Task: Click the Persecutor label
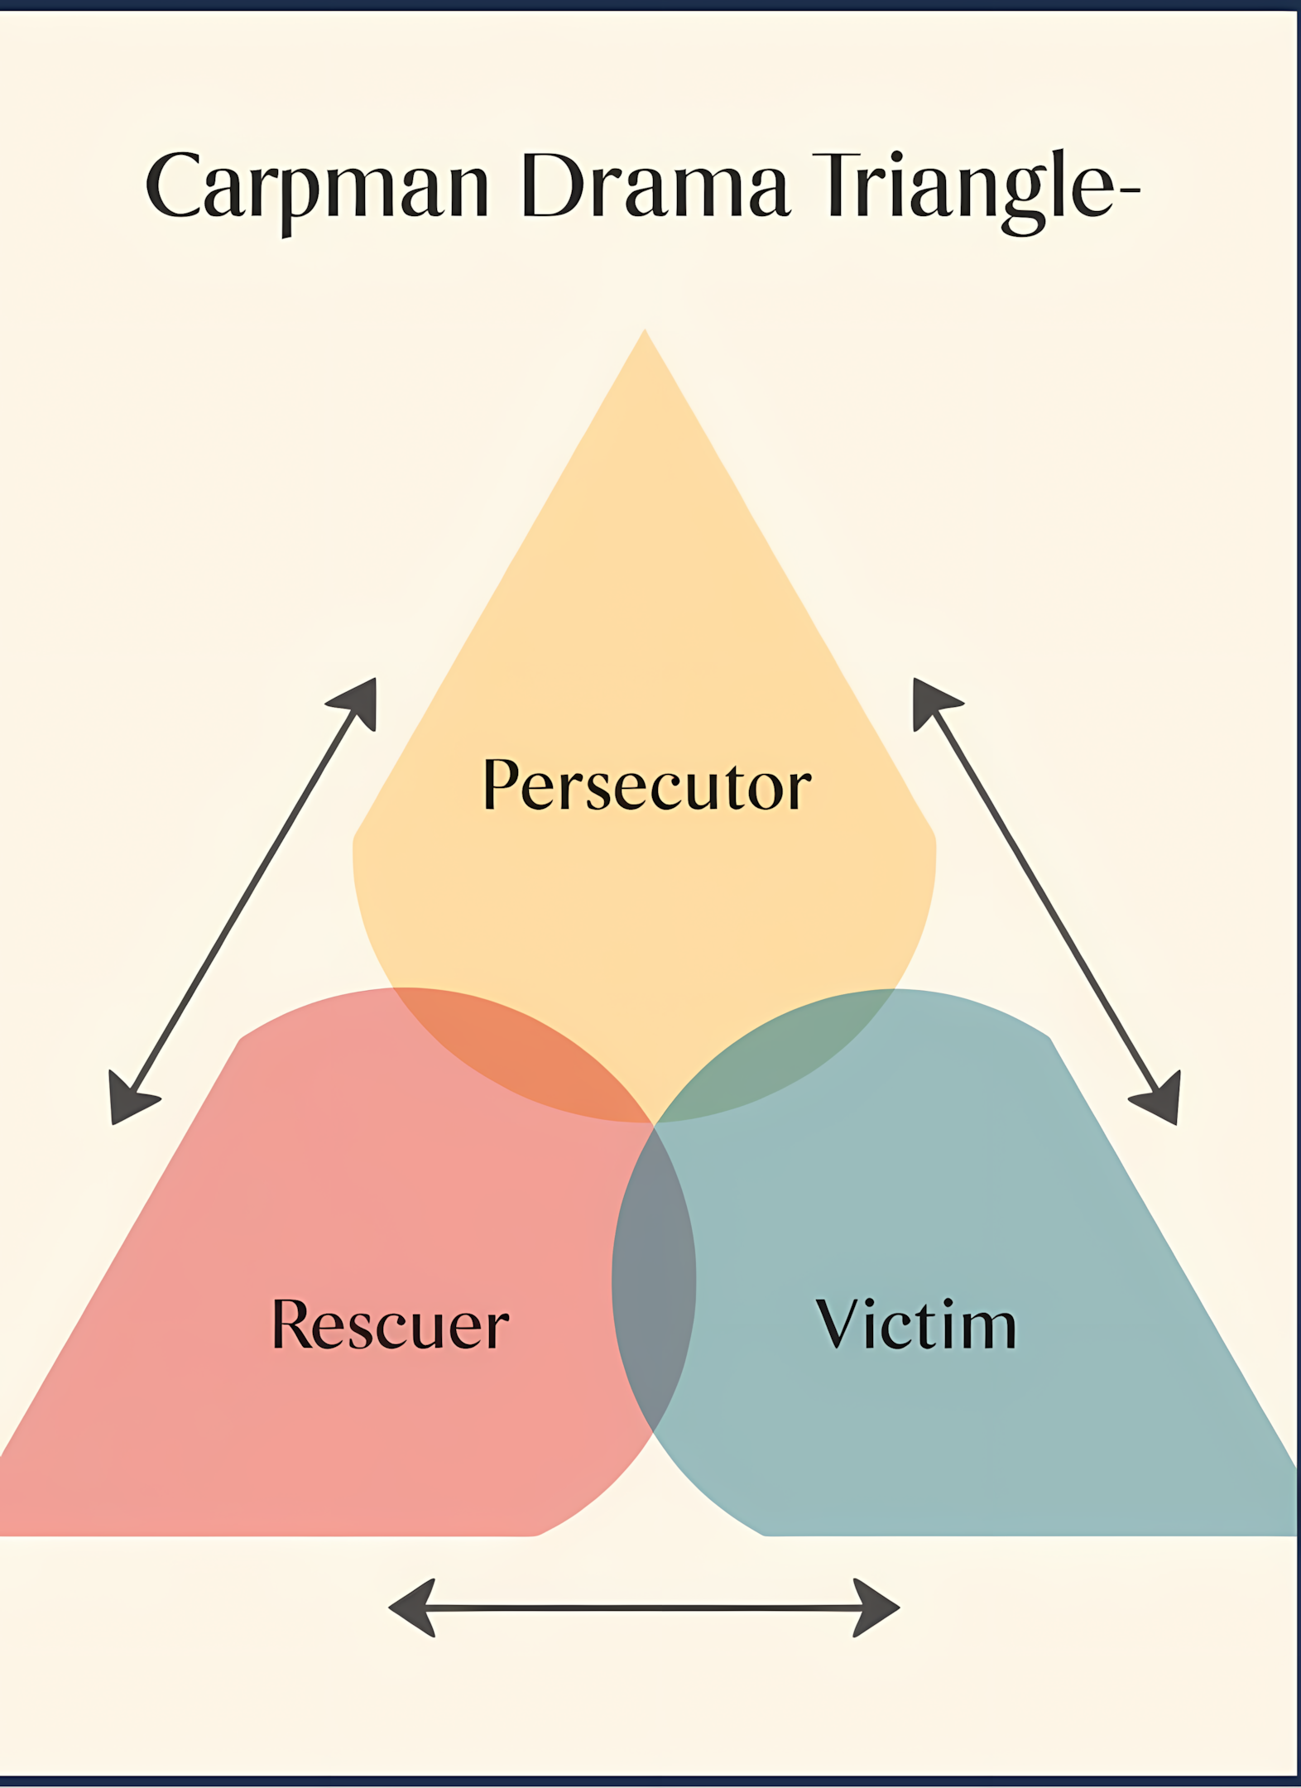[646, 784]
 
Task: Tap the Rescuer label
[390, 1324]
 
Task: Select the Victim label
[915, 1324]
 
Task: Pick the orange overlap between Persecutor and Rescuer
[530, 1060]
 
